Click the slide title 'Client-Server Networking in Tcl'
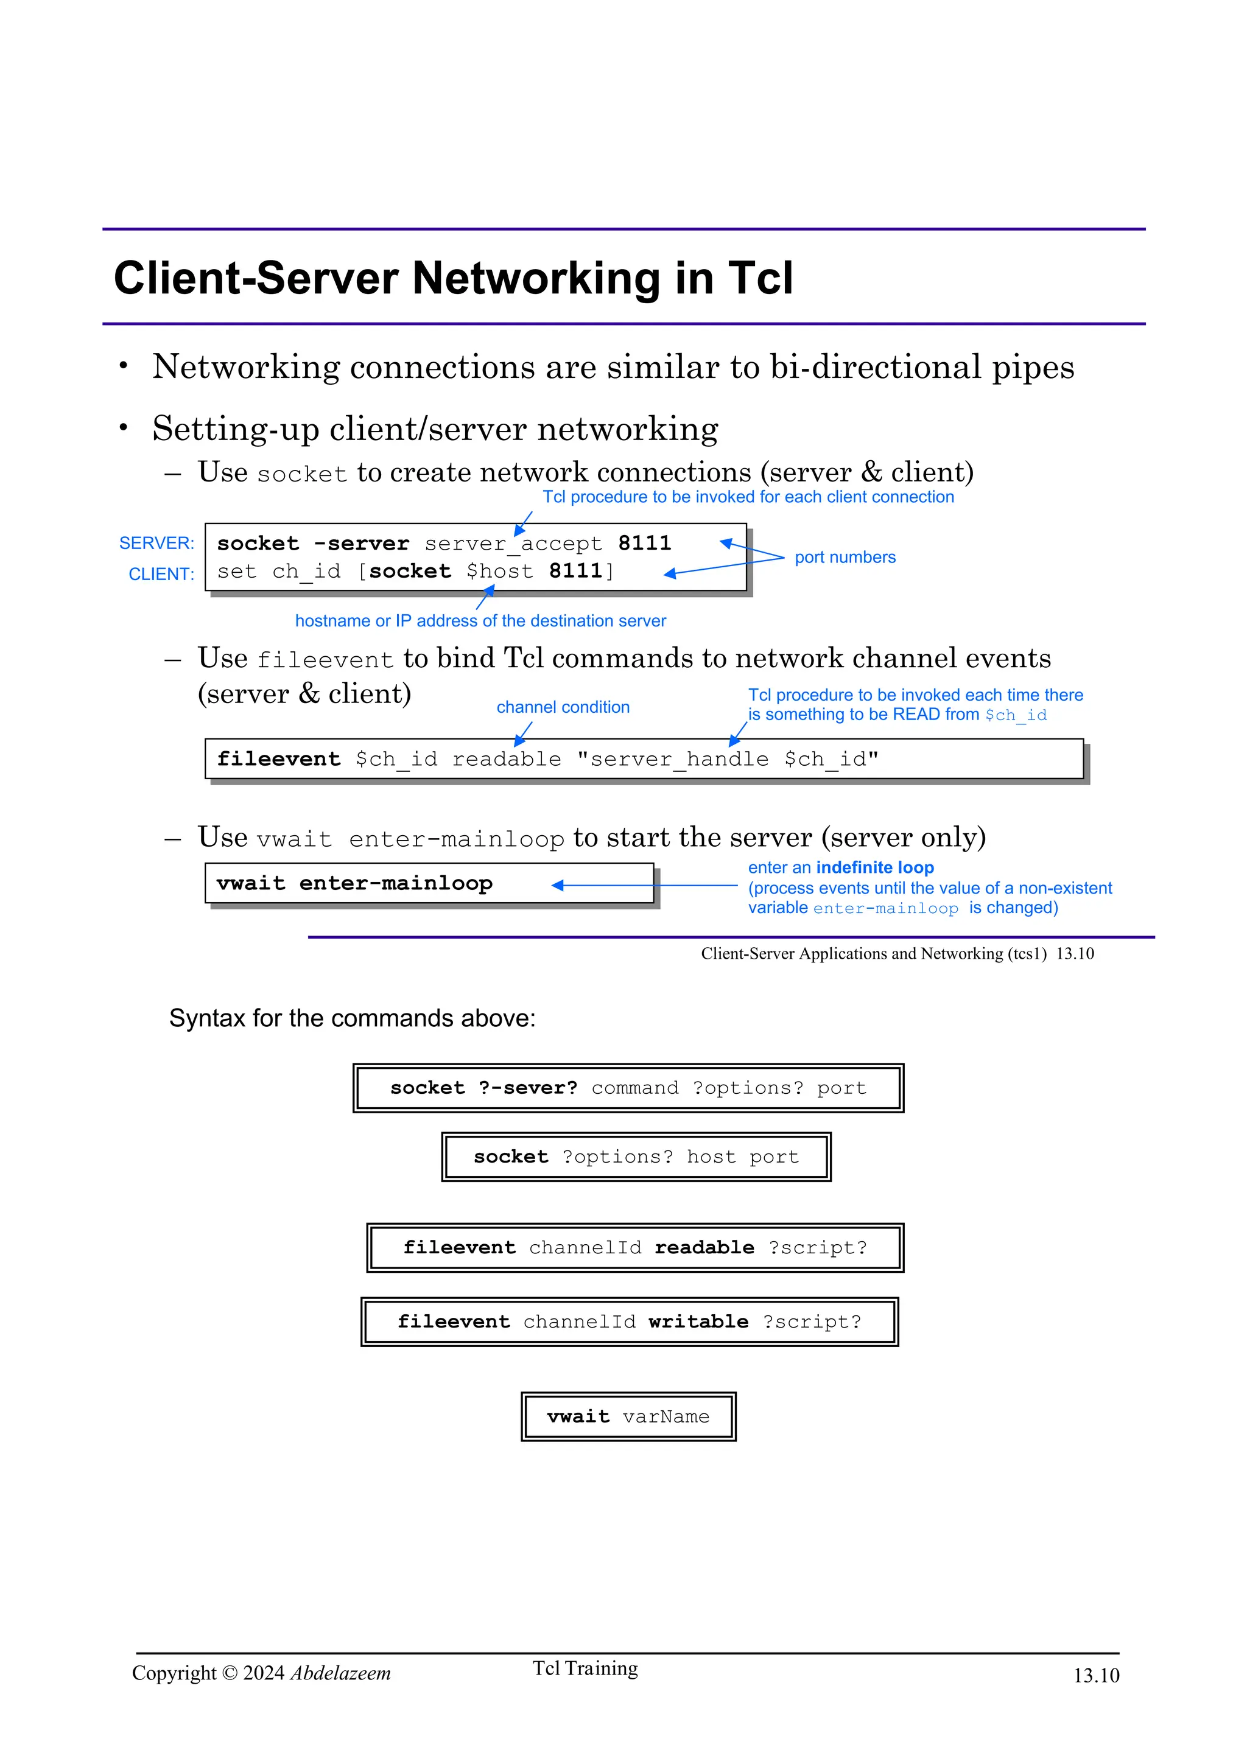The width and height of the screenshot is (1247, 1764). click(452, 278)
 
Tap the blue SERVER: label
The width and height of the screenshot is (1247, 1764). click(156, 543)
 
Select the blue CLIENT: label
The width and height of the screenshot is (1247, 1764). click(161, 574)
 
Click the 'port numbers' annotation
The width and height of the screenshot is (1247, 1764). click(845, 557)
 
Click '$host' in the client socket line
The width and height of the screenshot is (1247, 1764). click(499, 572)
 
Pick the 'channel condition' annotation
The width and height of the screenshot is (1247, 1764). click(563, 707)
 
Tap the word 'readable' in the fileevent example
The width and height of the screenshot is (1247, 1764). click(507, 759)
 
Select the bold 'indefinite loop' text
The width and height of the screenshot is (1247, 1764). click(874, 867)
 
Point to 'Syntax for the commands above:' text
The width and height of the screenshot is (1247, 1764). click(352, 1018)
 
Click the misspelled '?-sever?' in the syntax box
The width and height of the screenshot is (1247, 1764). click(528, 1088)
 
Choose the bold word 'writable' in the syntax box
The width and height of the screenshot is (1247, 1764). click(698, 1321)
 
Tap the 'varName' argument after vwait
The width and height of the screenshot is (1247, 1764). click(666, 1416)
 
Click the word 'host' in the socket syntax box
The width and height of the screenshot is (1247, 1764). click(711, 1157)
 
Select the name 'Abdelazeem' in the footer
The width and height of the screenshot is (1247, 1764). click(340, 1673)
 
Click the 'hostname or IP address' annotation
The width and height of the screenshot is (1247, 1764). click(480, 621)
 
